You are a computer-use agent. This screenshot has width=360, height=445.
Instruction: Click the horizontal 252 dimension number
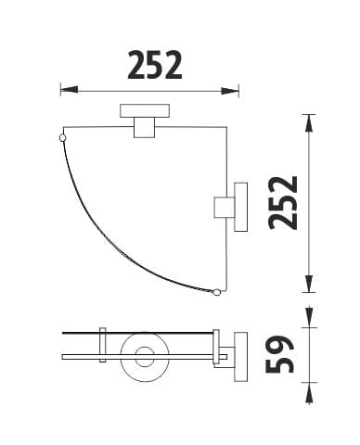click(x=155, y=65)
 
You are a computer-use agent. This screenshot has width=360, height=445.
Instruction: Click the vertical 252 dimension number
click(x=283, y=203)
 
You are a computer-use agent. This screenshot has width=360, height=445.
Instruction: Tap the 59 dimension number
click(x=279, y=354)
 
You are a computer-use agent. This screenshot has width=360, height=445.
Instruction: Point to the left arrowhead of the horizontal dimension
click(x=69, y=90)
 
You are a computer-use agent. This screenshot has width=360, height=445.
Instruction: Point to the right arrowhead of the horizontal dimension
click(x=230, y=91)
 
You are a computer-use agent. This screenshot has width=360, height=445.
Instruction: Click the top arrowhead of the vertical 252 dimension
click(x=309, y=123)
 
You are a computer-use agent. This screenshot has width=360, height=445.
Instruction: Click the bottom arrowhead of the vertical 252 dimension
click(x=309, y=284)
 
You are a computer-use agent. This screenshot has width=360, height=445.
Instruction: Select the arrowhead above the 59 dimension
click(x=309, y=317)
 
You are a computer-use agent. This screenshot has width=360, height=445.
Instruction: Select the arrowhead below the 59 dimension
click(x=309, y=392)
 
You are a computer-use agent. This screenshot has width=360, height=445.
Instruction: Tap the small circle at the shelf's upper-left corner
click(x=62, y=137)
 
